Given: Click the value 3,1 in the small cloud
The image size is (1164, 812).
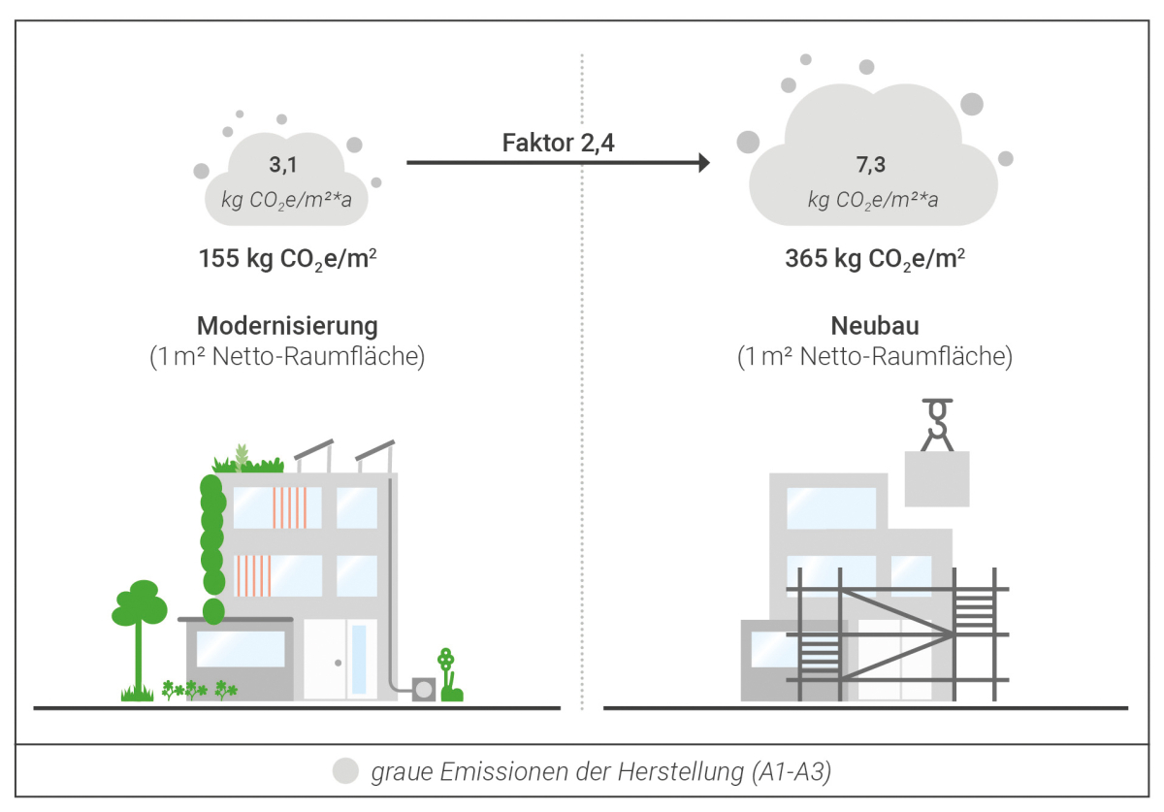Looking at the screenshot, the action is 283,165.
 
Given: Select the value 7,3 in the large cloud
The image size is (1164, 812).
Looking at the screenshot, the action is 870,165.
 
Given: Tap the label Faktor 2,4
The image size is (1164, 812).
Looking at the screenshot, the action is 558,143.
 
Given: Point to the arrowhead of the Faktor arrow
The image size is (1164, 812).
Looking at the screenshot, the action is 704,163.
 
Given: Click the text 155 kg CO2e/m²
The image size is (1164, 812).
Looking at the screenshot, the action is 287,259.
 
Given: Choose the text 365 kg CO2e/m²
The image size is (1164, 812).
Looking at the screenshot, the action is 875,259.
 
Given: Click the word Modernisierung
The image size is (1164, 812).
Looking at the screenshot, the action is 287,326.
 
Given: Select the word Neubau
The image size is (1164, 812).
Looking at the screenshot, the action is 875,326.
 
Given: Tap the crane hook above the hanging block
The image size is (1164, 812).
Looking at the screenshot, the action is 937,424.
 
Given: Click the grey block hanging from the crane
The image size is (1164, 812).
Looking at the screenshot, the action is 937,479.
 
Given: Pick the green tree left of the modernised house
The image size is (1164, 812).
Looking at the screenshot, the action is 139,639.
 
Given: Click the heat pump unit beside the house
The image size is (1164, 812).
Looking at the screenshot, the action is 424,690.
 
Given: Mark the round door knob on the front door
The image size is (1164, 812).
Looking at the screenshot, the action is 339,663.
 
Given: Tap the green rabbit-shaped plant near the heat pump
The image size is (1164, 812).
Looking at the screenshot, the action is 450,676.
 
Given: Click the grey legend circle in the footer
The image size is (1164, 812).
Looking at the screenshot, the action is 345,770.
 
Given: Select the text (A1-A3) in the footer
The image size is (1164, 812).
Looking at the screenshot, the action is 792,772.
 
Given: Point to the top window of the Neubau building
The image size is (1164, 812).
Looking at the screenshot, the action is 831,508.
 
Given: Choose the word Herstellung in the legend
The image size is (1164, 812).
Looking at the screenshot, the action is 681,772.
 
